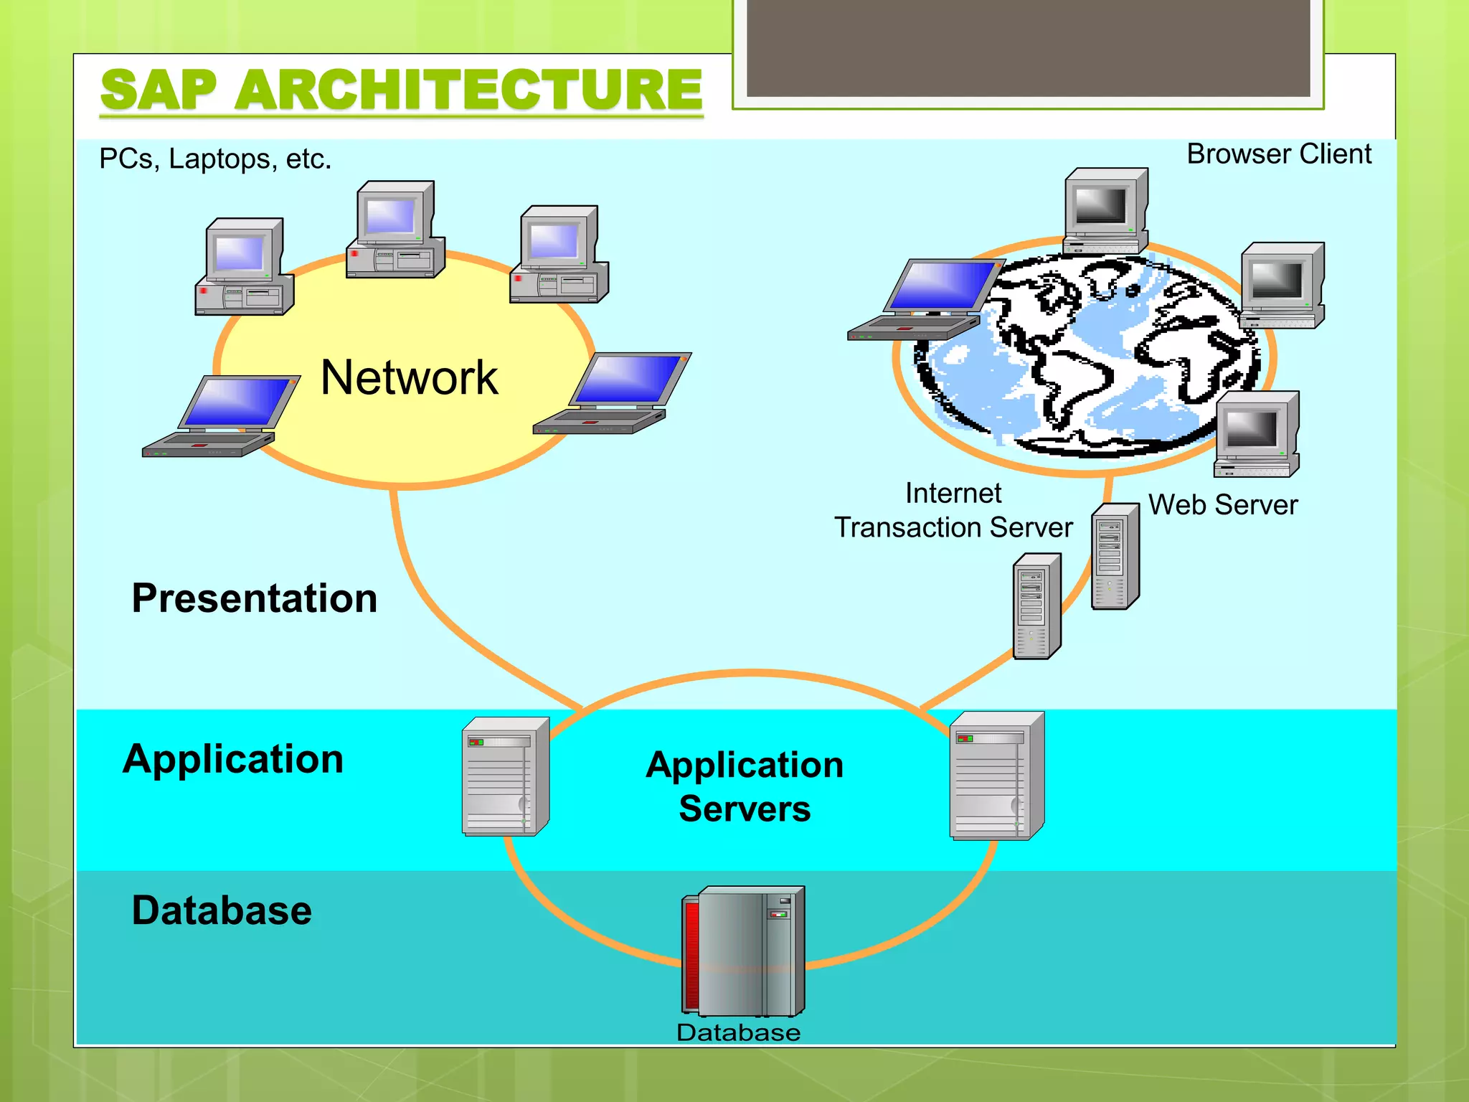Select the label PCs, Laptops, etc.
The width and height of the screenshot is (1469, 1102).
tap(215, 159)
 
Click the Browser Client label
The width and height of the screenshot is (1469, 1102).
tap(1278, 154)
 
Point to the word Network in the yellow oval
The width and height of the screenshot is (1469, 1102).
tap(409, 377)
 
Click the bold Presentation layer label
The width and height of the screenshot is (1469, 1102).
tap(255, 598)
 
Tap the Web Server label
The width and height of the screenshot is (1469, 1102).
tap(1223, 504)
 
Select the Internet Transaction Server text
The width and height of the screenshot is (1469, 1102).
tap(953, 510)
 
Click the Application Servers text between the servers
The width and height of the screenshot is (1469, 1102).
tap(745, 786)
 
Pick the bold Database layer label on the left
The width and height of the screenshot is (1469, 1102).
tap(222, 910)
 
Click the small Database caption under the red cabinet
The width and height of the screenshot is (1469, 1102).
tap(738, 1032)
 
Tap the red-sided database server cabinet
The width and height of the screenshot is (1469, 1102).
tap(744, 951)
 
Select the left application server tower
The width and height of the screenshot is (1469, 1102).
tap(506, 776)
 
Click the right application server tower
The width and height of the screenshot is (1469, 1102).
tap(996, 776)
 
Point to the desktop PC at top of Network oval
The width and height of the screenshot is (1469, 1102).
tap(396, 230)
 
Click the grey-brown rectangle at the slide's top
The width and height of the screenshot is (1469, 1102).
tap(1028, 47)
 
